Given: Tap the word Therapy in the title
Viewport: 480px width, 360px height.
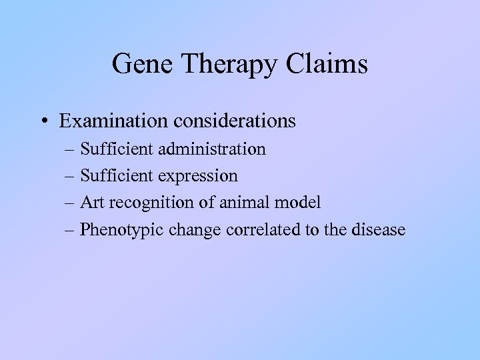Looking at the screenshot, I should click(224, 65).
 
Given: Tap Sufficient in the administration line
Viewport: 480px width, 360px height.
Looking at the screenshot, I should click(118, 149).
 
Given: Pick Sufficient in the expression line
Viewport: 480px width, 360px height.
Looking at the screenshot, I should click(118, 176).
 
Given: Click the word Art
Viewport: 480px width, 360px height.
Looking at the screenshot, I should click(91, 203).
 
